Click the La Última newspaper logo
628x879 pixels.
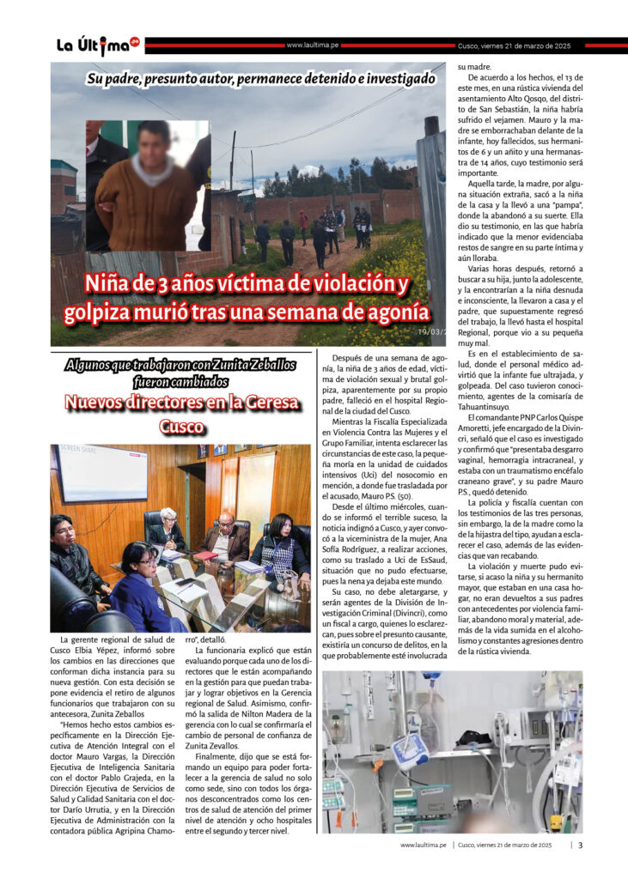tap(97, 45)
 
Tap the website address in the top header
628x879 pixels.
tap(311, 45)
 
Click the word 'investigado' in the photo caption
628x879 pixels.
tap(393, 78)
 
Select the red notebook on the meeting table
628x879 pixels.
tap(204, 555)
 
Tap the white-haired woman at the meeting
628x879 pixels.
tap(168, 528)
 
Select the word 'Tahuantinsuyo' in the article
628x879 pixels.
tap(486, 407)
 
